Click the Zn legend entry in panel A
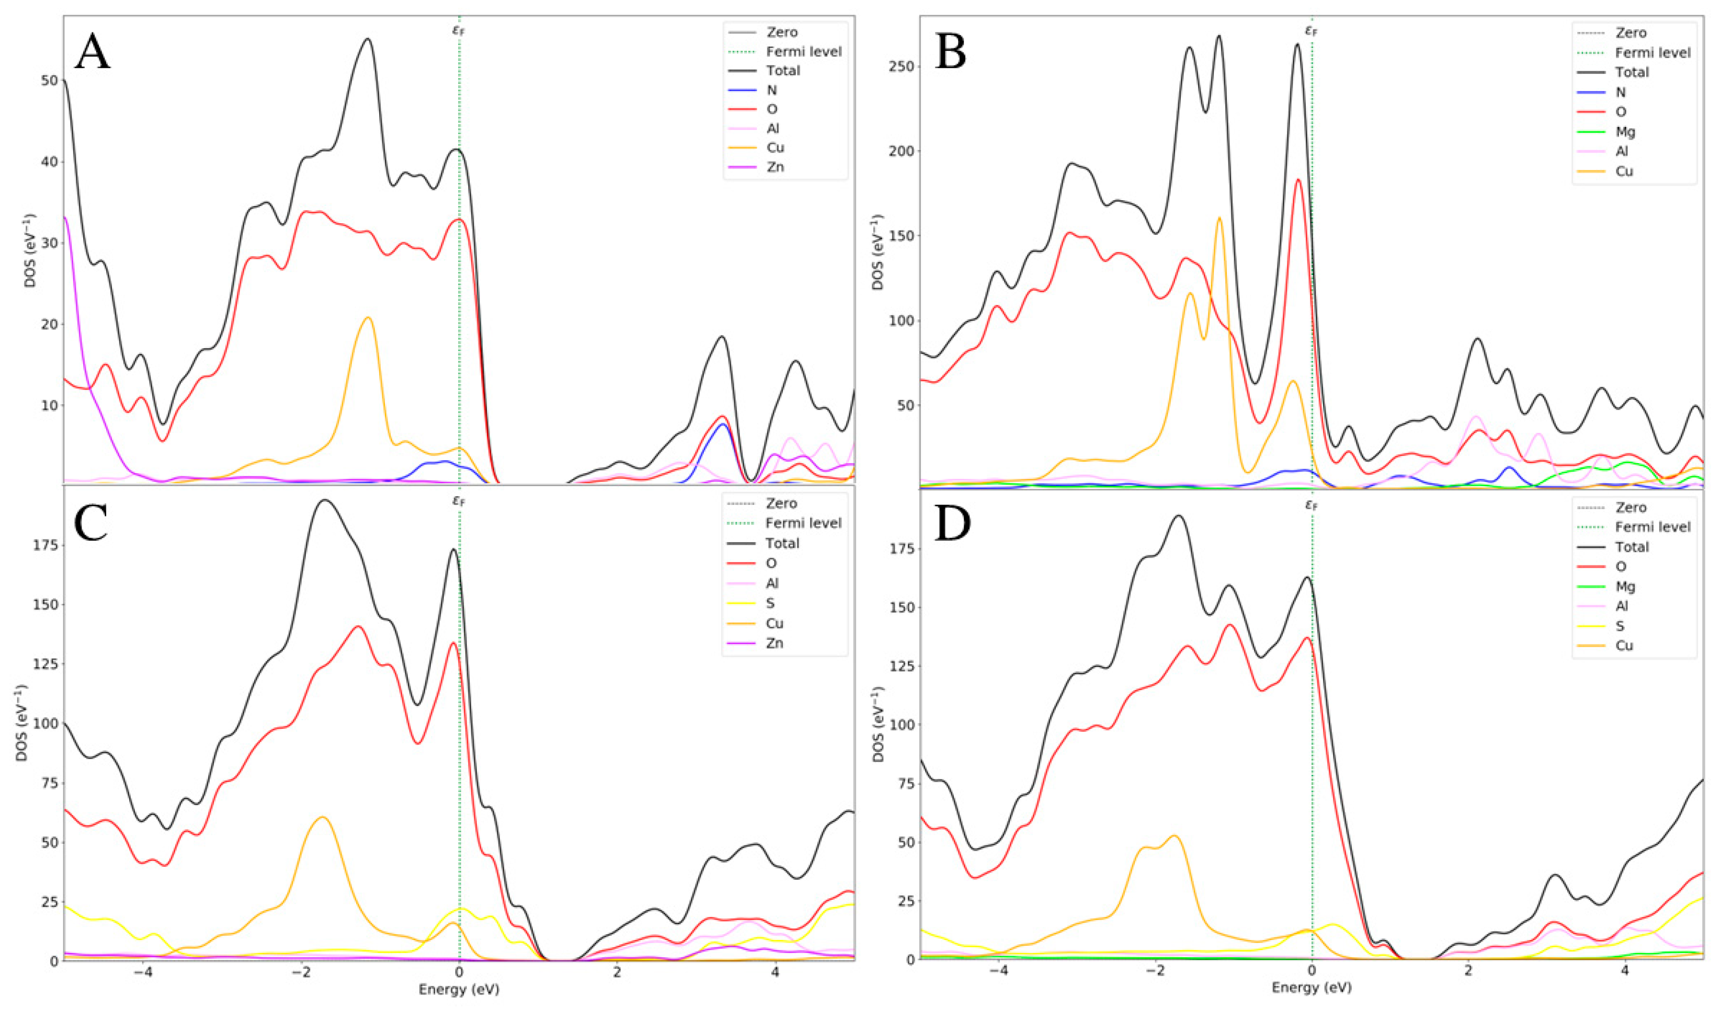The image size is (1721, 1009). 774,167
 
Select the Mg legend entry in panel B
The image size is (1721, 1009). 1625,132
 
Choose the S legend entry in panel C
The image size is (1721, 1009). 770,603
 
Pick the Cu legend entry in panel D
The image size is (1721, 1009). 1624,645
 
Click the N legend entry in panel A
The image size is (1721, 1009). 772,89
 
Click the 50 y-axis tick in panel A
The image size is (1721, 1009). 49,81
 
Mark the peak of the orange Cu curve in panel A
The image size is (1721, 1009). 368,317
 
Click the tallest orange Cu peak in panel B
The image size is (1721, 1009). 1219,218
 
